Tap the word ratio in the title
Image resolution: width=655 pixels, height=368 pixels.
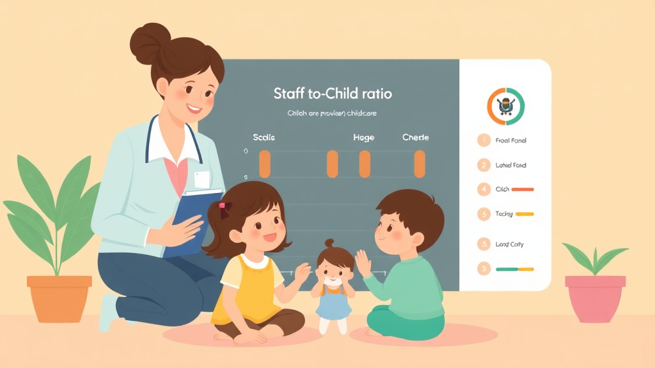(375, 94)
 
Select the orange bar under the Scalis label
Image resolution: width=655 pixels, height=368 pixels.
(265, 164)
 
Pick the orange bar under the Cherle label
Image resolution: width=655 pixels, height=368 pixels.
(420, 164)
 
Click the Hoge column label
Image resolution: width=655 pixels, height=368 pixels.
(363, 137)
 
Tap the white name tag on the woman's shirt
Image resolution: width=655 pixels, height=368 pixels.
(202, 180)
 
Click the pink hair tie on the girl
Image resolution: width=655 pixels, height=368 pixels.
(223, 206)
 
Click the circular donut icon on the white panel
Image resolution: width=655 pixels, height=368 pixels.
(505, 105)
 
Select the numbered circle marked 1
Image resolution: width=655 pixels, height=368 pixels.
(483, 140)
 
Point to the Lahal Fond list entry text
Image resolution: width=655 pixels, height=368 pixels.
(510, 165)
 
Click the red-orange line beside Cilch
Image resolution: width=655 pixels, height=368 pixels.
(523, 190)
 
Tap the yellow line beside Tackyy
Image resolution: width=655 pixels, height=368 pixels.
(525, 214)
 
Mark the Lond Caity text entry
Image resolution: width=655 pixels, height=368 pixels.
(510, 244)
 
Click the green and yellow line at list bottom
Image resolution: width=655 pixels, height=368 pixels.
(514, 269)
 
